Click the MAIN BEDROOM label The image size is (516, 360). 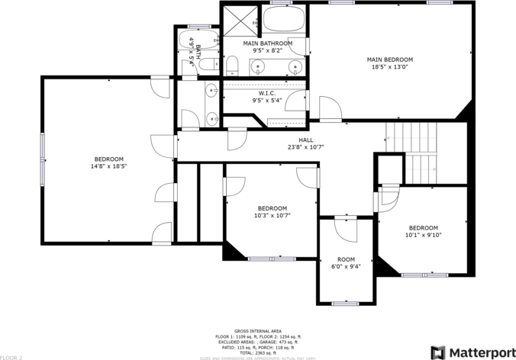click(389, 59)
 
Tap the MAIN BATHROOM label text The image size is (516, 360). click(267, 44)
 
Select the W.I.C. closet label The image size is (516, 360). click(267, 93)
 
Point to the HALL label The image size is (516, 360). click(305, 140)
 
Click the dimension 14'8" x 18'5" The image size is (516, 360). click(108, 166)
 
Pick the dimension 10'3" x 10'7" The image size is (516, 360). click(272, 215)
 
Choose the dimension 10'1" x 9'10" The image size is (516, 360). click(423, 235)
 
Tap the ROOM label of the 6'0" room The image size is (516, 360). click(347, 259)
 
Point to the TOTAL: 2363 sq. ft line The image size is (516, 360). click(257, 353)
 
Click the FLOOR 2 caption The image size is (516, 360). click(11, 356)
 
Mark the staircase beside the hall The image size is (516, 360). click(414, 153)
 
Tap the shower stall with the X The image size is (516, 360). click(238, 20)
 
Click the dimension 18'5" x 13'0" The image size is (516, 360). click(389, 66)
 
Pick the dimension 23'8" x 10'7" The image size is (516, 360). click(305, 147)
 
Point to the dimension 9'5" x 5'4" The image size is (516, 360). click(267, 100)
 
